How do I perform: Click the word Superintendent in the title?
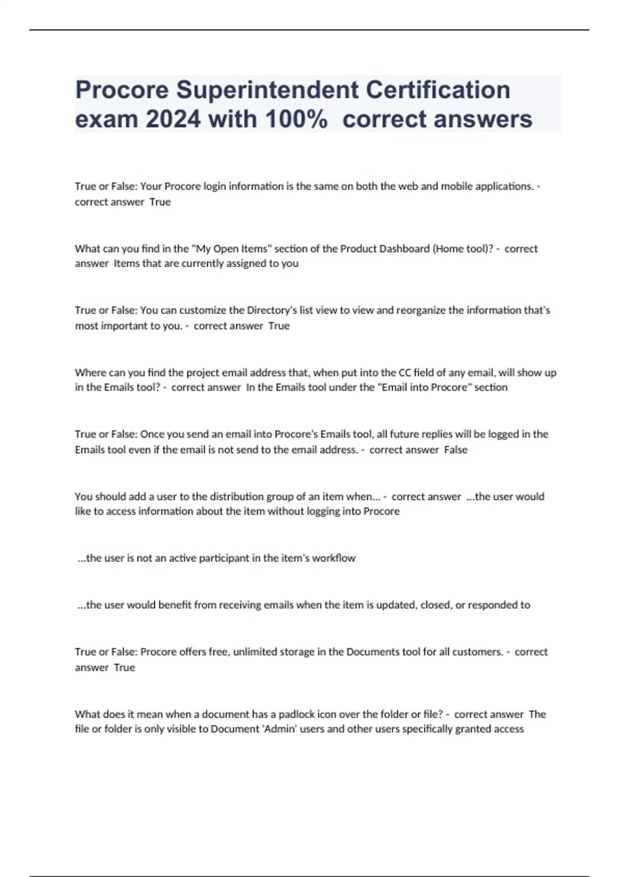tap(267, 90)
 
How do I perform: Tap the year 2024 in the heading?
tap(173, 120)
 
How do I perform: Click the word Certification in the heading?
tap(438, 90)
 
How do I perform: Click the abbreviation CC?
tap(404, 372)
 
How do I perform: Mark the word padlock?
tap(296, 714)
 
